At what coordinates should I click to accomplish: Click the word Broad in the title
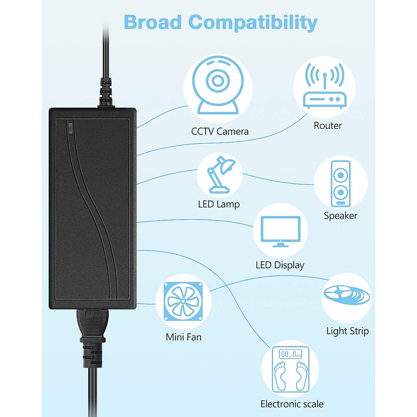click(x=153, y=22)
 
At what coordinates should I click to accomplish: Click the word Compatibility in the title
click(x=253, y=23)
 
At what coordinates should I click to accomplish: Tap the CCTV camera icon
click(x=218, y=85)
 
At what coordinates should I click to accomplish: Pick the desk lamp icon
click(x=220, y=175)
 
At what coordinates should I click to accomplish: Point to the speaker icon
click(x=341, y=184)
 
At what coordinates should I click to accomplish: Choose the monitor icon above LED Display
click(x=280, y=231)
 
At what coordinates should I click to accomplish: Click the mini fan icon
click(x=183, y=301)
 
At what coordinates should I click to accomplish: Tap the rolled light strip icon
click(x=346, y=295)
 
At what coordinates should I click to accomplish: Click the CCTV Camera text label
click(x=220, y=131)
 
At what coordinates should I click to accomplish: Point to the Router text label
click(x=328, y=125)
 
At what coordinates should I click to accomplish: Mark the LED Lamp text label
click(x=219, y=204)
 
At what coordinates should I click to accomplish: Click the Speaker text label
click(x=341, y=215)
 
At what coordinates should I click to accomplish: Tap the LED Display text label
click(x=280, y=265)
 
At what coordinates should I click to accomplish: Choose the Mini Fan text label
click(x=183, y=337)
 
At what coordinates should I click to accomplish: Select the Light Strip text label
click(x=347, y=331)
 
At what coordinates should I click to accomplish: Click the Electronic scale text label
click(x=292, y=404)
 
